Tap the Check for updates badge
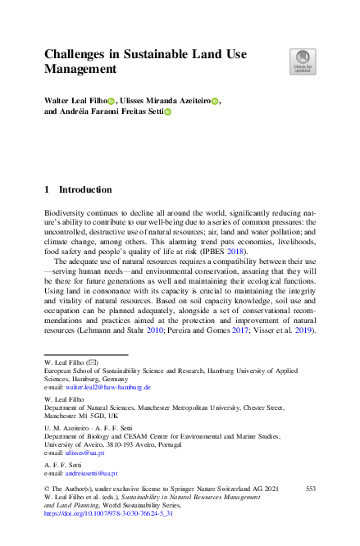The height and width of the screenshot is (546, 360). [x=302, y=61]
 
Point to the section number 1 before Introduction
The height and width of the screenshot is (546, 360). [x=47, y=190]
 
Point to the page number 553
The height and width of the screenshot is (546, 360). [x=309, y=488]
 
